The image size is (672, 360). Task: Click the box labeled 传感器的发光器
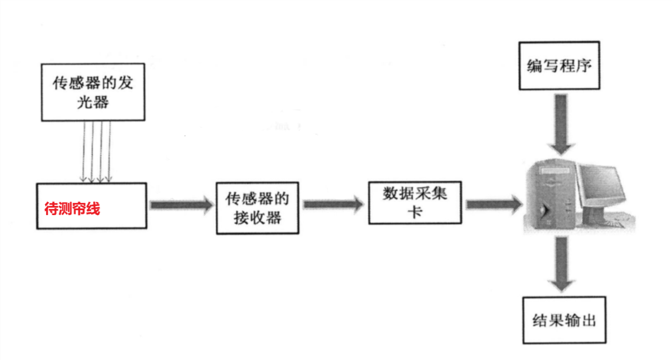tap(93, 92)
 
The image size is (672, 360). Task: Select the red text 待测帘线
tap(72, 209)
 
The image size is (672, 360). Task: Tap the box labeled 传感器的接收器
tap(257, 208)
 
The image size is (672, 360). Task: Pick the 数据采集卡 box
tap(415, 202)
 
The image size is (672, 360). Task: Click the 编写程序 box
tap(559, 66)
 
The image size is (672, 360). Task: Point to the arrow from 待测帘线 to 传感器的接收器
tap(181, 205)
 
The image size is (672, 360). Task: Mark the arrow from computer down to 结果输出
tap(563, 264)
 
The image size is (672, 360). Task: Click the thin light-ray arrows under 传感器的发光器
tap(96, 151)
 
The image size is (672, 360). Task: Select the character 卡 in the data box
tap(414, 212)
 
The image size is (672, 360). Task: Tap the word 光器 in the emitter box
tap(93, 102)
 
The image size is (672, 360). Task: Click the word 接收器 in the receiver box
tap(257, 217)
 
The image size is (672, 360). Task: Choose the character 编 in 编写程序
tap(534, 66)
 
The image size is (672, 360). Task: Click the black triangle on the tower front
tap(542, 211)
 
